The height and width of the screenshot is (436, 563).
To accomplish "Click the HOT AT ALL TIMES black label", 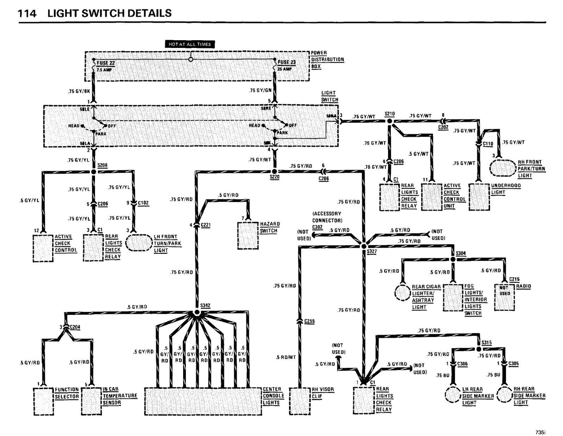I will (x=190, y=44).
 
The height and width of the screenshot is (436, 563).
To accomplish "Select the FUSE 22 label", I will (x=106, y=63).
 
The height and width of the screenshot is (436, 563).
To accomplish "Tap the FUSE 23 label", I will (x=286, y=62).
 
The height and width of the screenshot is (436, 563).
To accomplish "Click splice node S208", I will (x=94, y=171).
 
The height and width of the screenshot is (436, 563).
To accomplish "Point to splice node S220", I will (x=274, y=171).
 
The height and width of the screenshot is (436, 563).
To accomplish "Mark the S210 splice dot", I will (x=390, y=121).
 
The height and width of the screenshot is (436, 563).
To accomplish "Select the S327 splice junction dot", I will (x=364, y=246).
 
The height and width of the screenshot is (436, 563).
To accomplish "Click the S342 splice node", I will (x=197, y=313).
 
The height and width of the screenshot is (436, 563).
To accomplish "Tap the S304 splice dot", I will (x=453, y=259).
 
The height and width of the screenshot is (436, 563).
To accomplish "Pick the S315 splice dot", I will (x=479, y=349).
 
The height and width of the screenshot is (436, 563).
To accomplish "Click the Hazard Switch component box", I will (x=248, y=235).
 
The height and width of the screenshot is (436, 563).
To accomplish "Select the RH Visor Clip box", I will (x=299, y=401).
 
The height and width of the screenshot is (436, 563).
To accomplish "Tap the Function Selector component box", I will (x=43, y=402).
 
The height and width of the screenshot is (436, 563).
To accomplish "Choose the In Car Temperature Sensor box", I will (x=92, y=402).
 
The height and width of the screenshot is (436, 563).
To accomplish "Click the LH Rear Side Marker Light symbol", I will (x=453, y=395).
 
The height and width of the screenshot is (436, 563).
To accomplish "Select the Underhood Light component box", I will (x=478, y=197).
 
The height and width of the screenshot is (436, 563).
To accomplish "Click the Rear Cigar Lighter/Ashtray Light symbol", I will (x=402, y=292).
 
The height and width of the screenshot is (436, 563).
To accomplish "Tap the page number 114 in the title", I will (x=27, y=14).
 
